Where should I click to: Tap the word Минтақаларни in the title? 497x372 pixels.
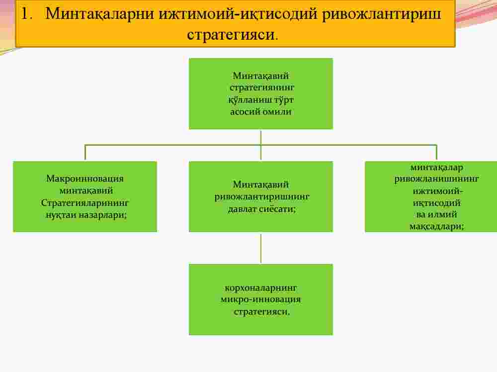99,14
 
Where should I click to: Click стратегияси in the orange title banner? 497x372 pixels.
231,35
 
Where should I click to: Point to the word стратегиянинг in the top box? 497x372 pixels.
261,88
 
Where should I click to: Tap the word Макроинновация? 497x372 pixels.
85,179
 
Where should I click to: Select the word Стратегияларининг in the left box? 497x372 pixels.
85,202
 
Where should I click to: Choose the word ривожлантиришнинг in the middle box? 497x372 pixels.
262,196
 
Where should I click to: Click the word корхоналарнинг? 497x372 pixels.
261,288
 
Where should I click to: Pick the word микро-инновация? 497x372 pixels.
261,300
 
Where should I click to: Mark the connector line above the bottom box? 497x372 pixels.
261,248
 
